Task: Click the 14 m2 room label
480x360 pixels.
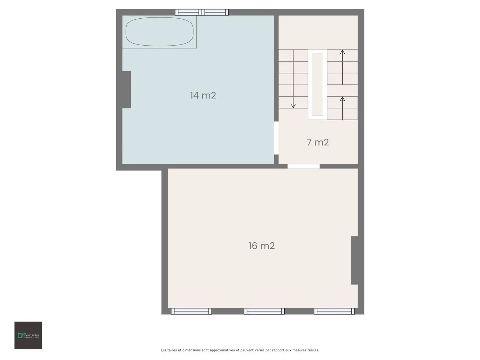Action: [x=203, y=95]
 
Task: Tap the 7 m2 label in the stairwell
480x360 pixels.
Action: [x=318, y=142]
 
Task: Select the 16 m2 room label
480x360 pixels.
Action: [x=262, y=246]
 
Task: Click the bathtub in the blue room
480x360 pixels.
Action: [x=159, y=32]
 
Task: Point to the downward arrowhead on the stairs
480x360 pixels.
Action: [x=293, y=106]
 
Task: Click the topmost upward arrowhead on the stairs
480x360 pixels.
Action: [x=343, y=52]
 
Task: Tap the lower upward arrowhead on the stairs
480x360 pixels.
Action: [x=343, y=99]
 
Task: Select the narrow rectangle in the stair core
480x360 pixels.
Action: [x=318, y=84]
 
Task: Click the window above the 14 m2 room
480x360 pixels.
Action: [x=201, y=12]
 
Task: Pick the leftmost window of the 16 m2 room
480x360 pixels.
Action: [x=191, y=311]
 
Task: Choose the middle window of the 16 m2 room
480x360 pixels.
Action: [x=264, y=311]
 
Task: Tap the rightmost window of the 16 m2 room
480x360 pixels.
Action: [x=334, y=311]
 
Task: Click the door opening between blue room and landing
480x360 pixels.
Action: [x=276, y=138]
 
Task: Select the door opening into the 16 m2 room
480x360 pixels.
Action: [x=303, y=166]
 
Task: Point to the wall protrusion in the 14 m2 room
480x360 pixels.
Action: [x=127, y=89]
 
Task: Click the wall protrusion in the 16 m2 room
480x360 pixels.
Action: [x=354, y=260]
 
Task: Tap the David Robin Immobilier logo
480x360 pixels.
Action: [x=28, y=335]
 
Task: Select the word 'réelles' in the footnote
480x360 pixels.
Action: [x=312, y=350]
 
